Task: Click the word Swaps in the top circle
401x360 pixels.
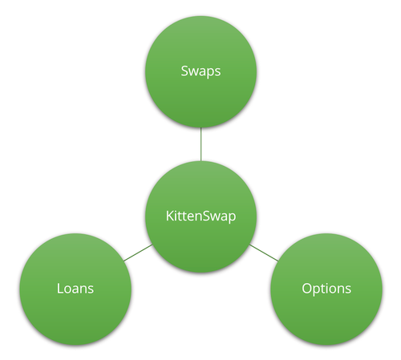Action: tap(200, 71)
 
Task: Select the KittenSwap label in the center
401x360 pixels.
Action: tap(200, 216)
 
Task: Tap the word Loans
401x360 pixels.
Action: tap(75, 289)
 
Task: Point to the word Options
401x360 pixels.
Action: tap(326, 289)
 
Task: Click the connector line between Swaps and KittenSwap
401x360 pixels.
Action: tap(200, 144)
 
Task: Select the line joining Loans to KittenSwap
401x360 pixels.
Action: tap(138, 253)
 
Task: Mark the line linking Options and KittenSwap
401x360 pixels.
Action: tap(264, 253)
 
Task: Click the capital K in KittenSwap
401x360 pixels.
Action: tap(170, 216)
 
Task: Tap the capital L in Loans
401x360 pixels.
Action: tap(60, 289)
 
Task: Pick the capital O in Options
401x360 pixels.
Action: tap(307, 289)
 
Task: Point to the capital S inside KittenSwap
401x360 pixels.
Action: tap(205, 216)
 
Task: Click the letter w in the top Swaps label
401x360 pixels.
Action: tap(196, 72)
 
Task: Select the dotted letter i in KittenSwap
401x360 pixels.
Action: tap(176, 216)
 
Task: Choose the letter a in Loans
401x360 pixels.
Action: tap(78, 290)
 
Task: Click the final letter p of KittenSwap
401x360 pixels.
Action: tap(232, 218)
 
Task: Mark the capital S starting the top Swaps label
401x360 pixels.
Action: tap(184, 71)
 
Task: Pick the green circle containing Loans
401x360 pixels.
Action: tap(75, 289)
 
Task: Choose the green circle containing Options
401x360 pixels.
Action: tap(326, 289)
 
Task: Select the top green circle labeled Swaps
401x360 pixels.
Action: tap(200, 71)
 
